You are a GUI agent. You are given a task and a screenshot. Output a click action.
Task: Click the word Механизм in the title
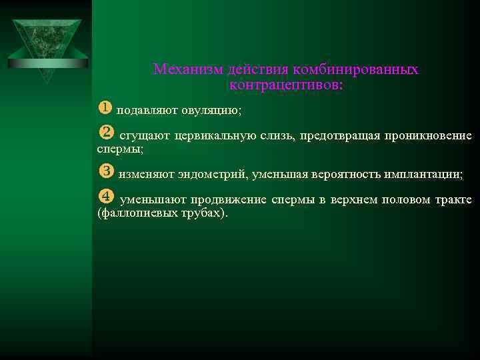click(x=189, y=69)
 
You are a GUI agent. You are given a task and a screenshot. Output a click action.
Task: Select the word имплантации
click(x=424, y=175)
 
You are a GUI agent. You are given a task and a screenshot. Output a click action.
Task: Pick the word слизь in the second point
click(x=278, y=137)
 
